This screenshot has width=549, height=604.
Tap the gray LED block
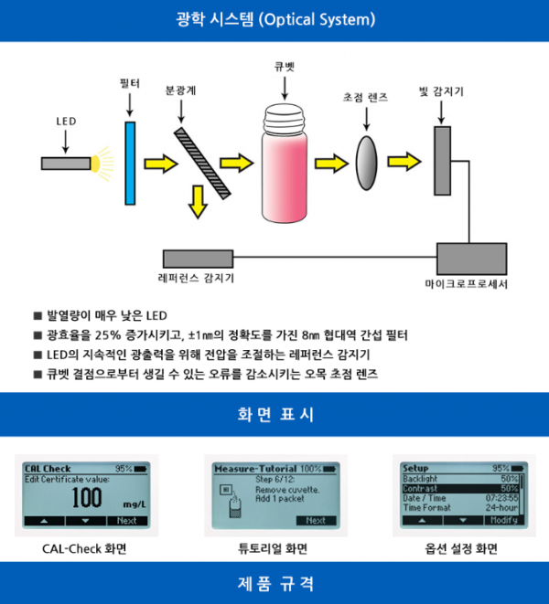[65, 164]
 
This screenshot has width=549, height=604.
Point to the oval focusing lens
[366, 155]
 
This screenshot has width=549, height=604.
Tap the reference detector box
[197, 259]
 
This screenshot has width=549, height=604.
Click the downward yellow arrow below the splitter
[196, 202]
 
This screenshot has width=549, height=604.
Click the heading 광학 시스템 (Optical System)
[274, 19]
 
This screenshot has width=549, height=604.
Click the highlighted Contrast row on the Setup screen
[460, 488]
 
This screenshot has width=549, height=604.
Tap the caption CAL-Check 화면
[83, 548]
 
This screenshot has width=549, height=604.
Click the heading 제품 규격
[274, 583]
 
